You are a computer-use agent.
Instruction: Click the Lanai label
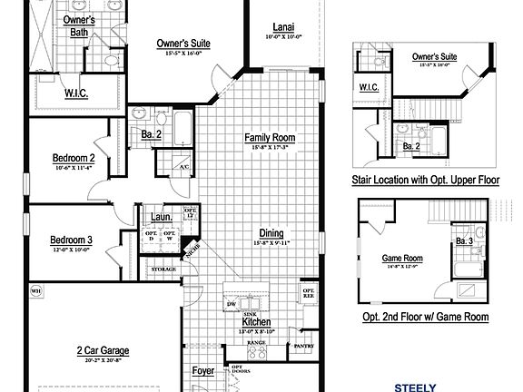tap(282, 26)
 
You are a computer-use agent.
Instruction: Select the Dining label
tap(271, 232)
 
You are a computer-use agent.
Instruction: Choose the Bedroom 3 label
tap(72, 240)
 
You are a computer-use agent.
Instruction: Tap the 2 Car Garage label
tap(102, 350)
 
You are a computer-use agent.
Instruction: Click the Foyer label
tap(203, 371)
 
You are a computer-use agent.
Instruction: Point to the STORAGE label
tap(163, 269)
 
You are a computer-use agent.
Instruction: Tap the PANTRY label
tap(303, 346)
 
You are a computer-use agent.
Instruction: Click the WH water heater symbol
tap(37, 290)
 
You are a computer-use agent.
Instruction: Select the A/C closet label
tap(183, 167)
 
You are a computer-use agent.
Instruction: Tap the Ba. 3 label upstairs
tap(464, 240)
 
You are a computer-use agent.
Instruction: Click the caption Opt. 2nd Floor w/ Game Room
tap(425, 317)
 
